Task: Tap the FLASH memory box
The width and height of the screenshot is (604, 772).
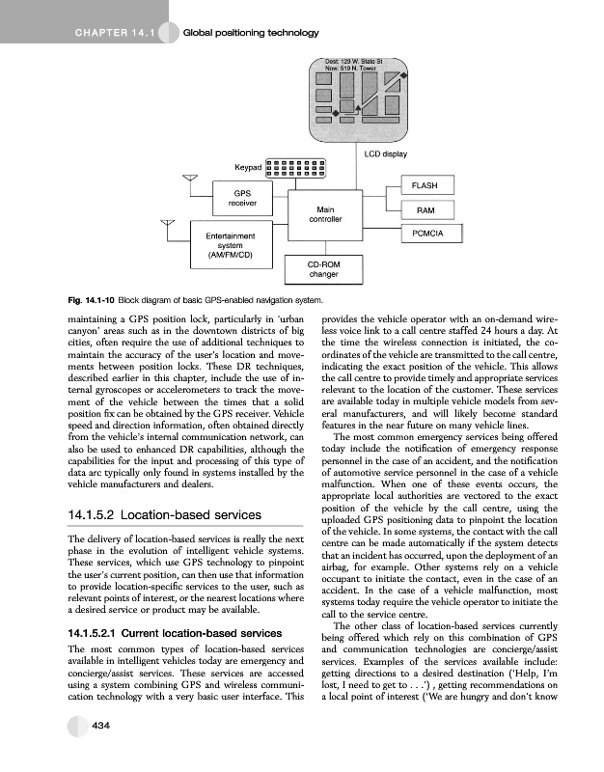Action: tap(426, 185)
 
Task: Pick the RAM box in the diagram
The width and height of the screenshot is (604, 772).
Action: tap(426, 210)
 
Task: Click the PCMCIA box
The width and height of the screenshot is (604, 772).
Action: tap(426, 234)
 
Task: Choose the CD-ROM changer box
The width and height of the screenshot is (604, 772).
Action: tap(321, 269)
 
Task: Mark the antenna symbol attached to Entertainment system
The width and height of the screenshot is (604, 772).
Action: tap(171, 227)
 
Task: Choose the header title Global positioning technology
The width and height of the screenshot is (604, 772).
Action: tap(251, 34)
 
